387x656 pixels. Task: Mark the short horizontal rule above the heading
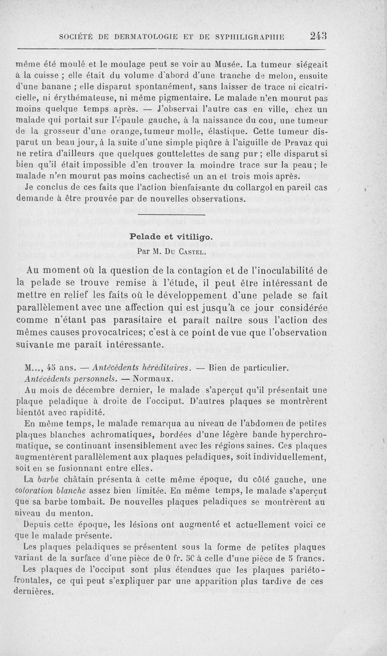click(x=172, y=214)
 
